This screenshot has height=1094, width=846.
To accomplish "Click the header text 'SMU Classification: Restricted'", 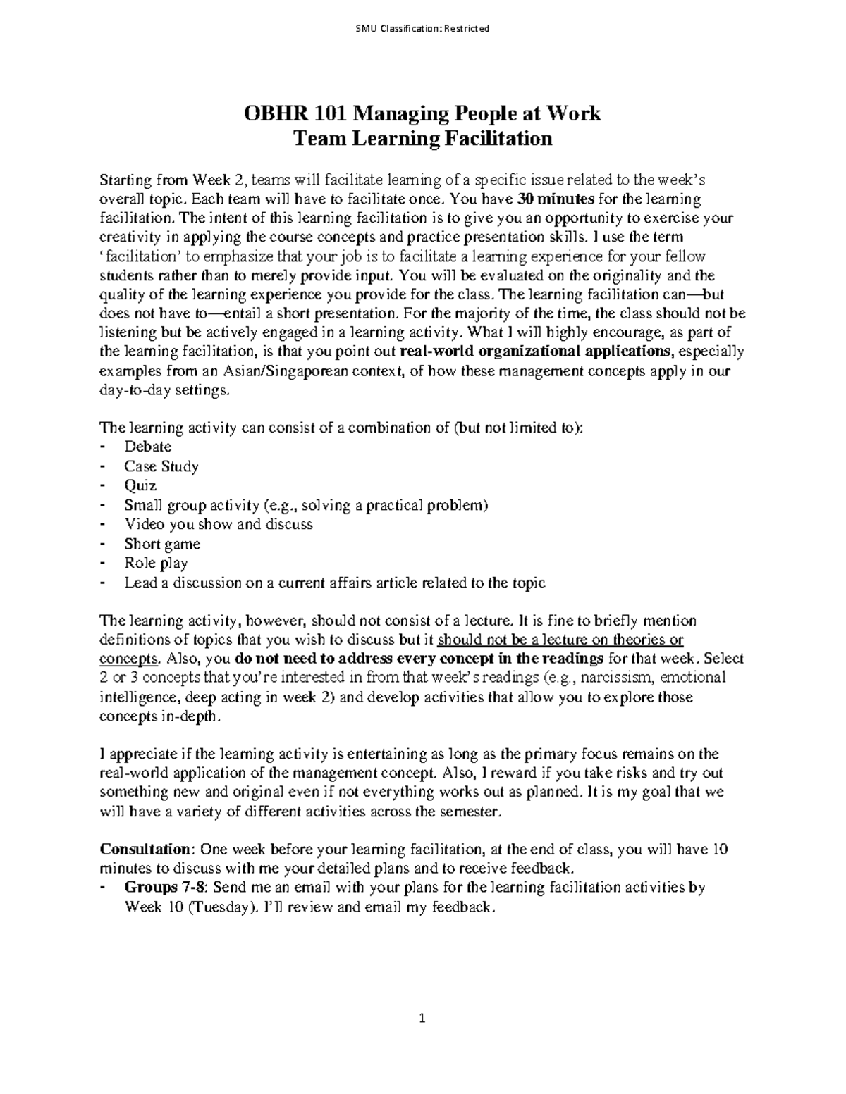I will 422,29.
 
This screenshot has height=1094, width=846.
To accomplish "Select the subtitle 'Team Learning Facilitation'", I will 422,139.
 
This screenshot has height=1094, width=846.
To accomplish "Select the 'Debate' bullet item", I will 147,447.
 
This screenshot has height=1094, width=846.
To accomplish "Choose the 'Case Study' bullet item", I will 161,466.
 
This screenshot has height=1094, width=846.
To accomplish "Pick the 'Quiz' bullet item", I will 140,485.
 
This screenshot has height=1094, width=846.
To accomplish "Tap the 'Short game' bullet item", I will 162,544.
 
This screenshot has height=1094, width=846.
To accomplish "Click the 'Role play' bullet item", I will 156,563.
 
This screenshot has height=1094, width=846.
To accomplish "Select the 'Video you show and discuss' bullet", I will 218,524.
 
